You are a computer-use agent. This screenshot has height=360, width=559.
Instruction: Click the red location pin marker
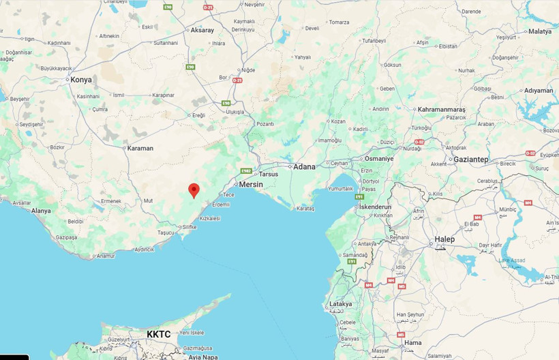[x=194, y=190]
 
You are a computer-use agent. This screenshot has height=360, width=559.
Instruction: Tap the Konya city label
[x=80, y=80]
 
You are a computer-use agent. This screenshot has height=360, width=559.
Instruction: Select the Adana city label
[x=304, y=166]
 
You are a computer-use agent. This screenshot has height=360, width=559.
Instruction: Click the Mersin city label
[x=251, y=184]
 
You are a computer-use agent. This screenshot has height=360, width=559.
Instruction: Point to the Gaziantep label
[x=471, y=159]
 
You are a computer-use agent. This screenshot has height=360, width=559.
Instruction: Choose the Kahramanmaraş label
[x=441, y=109]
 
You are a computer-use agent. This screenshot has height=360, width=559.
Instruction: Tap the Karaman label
[x=140, y=148]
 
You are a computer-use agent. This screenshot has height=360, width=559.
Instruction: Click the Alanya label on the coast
[x=41, y=211]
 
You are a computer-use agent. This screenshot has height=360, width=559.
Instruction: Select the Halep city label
[x=444, y=239]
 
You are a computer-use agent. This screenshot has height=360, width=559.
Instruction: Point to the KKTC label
[x=159, y=334]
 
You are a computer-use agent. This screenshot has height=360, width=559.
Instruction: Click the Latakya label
[x=340, y=304]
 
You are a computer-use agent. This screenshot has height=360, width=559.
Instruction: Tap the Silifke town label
[x=189, y=226]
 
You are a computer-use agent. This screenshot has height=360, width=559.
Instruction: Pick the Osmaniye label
[x=379, y=158]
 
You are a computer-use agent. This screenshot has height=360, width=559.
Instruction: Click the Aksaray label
[x=202, y=30]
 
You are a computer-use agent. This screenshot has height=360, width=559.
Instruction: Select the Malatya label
[x=539, y=31]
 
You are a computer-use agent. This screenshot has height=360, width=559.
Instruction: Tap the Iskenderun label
[x=376, y=207]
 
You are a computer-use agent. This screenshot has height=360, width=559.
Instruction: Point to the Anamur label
[x=106, y=256]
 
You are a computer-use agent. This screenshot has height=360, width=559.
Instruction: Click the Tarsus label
[x=269, y=174]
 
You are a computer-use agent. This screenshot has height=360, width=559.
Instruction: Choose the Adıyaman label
[x=539, y=91]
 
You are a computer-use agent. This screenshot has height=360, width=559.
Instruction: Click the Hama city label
[x=412, y=343]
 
